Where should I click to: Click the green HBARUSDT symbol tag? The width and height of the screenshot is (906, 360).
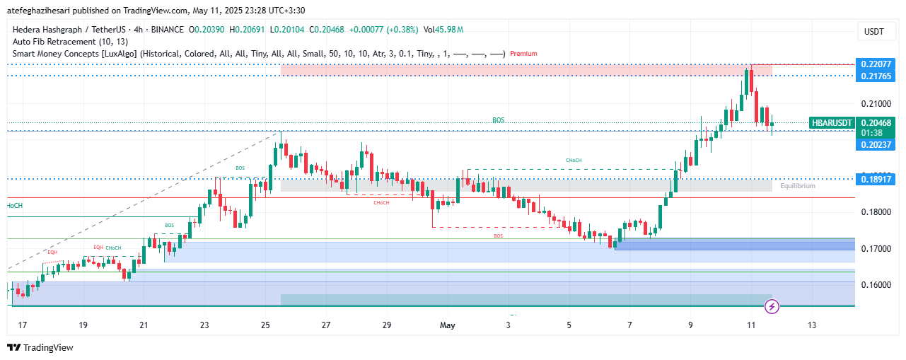tap(832, 122)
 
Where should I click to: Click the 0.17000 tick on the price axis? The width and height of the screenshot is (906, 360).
tap(875, 248)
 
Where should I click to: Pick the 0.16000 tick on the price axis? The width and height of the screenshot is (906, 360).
tap(875, 284)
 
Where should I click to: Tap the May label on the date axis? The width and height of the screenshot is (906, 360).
tap(448, 325)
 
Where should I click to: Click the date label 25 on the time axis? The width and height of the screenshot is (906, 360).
tap(265, 325)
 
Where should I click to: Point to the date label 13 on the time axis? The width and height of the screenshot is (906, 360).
tap(811, 325)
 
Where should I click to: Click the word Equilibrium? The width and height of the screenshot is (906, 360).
tap(798, 186)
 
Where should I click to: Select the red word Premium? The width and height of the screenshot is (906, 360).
tap(523, 53)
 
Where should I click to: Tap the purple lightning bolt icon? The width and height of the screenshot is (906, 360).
tap(772, 306)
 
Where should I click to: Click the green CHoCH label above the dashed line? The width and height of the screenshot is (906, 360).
tap(574, 161)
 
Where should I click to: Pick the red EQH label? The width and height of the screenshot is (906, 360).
tap(52, 252)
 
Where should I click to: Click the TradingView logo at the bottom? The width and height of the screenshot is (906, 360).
tap(40, 347)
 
